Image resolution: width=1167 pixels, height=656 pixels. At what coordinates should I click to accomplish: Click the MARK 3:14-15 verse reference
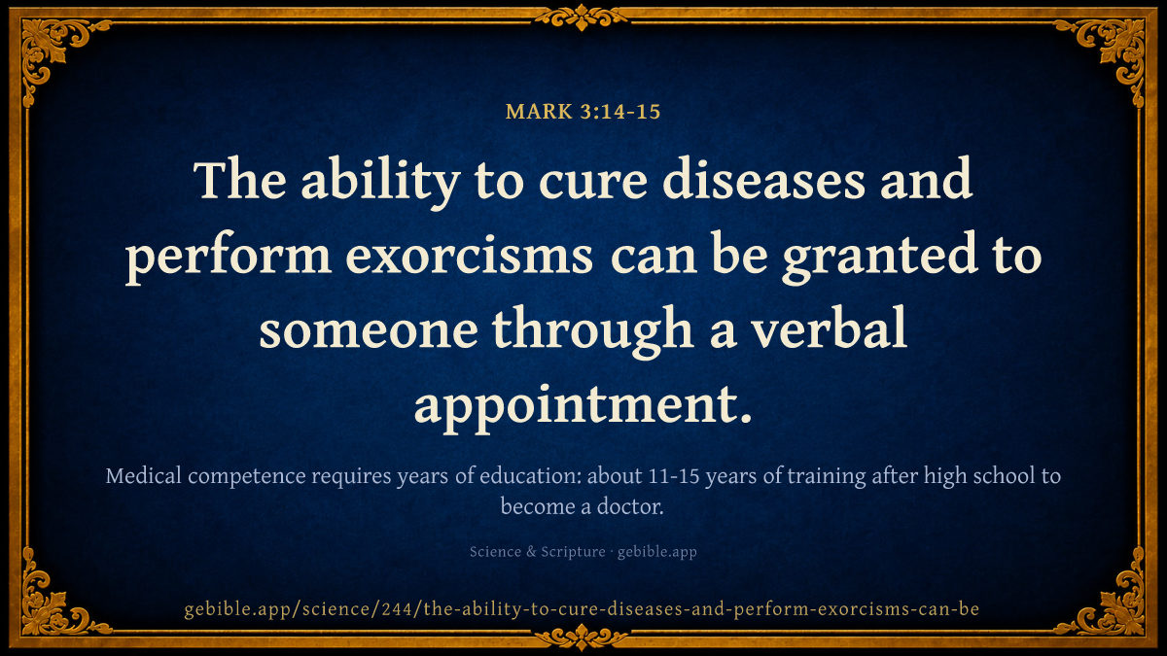[x=583, y=112]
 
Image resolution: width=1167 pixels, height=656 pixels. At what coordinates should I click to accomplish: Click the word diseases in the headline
[x=763, y=179]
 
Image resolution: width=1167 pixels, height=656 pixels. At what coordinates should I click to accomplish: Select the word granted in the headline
[x=880, y=259]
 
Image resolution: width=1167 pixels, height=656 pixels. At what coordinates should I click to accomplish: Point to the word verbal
[x=830, y=328]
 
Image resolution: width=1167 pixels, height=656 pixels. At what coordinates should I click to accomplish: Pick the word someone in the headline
[x=369, y=332]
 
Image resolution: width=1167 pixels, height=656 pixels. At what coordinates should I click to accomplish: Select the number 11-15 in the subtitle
[x=674, y=476]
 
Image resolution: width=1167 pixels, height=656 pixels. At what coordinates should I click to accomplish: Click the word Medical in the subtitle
[x=144, y=476]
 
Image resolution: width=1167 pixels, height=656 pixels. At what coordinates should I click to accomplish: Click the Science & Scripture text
[x=537, y=551]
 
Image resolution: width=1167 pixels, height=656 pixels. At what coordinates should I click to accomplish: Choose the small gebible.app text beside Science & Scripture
[x=657, y=552]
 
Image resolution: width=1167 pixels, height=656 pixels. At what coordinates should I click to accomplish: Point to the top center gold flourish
[x=582, y=17]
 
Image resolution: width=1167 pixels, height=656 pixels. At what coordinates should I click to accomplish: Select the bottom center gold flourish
[x=582, y=638]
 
